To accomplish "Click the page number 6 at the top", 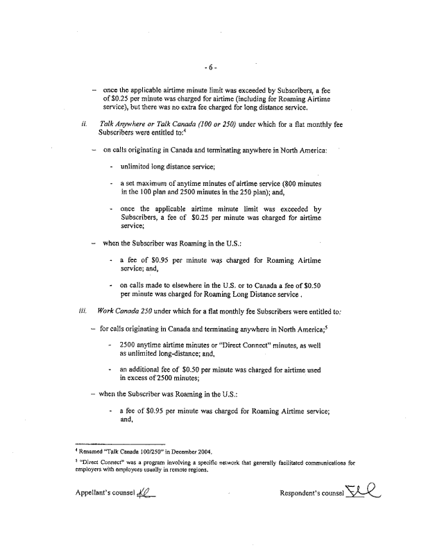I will [212, 67].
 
